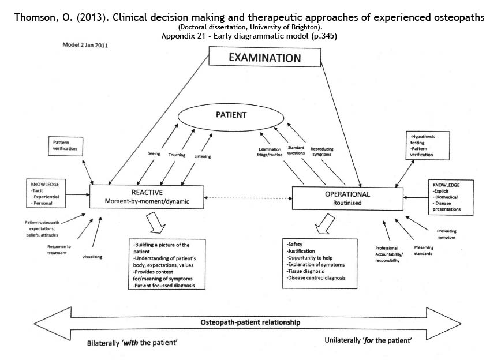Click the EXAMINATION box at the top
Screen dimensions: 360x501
(x=264, y=58)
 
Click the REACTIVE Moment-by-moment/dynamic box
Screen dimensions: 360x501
(x=147, y=196)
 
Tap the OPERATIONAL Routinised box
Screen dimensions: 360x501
(x=347, y=198)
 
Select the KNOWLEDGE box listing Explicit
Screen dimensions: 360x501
(x=451, y=197)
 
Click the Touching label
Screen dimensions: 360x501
(x=177, y=155)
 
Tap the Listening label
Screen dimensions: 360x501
(x=203, y=156)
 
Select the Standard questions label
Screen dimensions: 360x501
(x=296, y=151)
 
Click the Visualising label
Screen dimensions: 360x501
(x=92, y=257)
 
